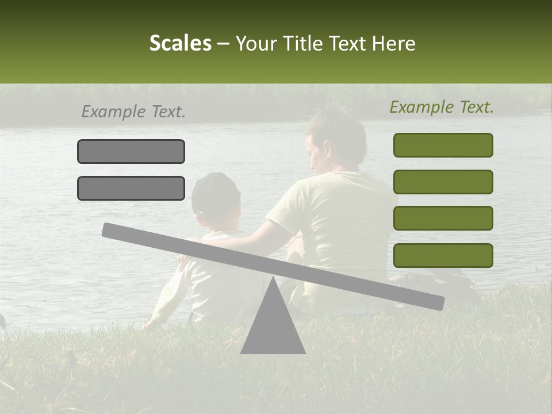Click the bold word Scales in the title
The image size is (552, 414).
(180, 43)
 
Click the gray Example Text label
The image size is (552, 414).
(133, 112)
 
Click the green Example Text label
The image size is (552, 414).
(442, 107)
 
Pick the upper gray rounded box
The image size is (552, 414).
(131, 151)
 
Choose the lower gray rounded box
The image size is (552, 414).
(131, 188)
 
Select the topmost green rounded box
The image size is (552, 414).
(443, 145)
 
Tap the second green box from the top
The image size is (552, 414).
(443, 182)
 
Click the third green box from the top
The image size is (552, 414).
(443, 218)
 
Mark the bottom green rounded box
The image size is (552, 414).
(443, 255)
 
